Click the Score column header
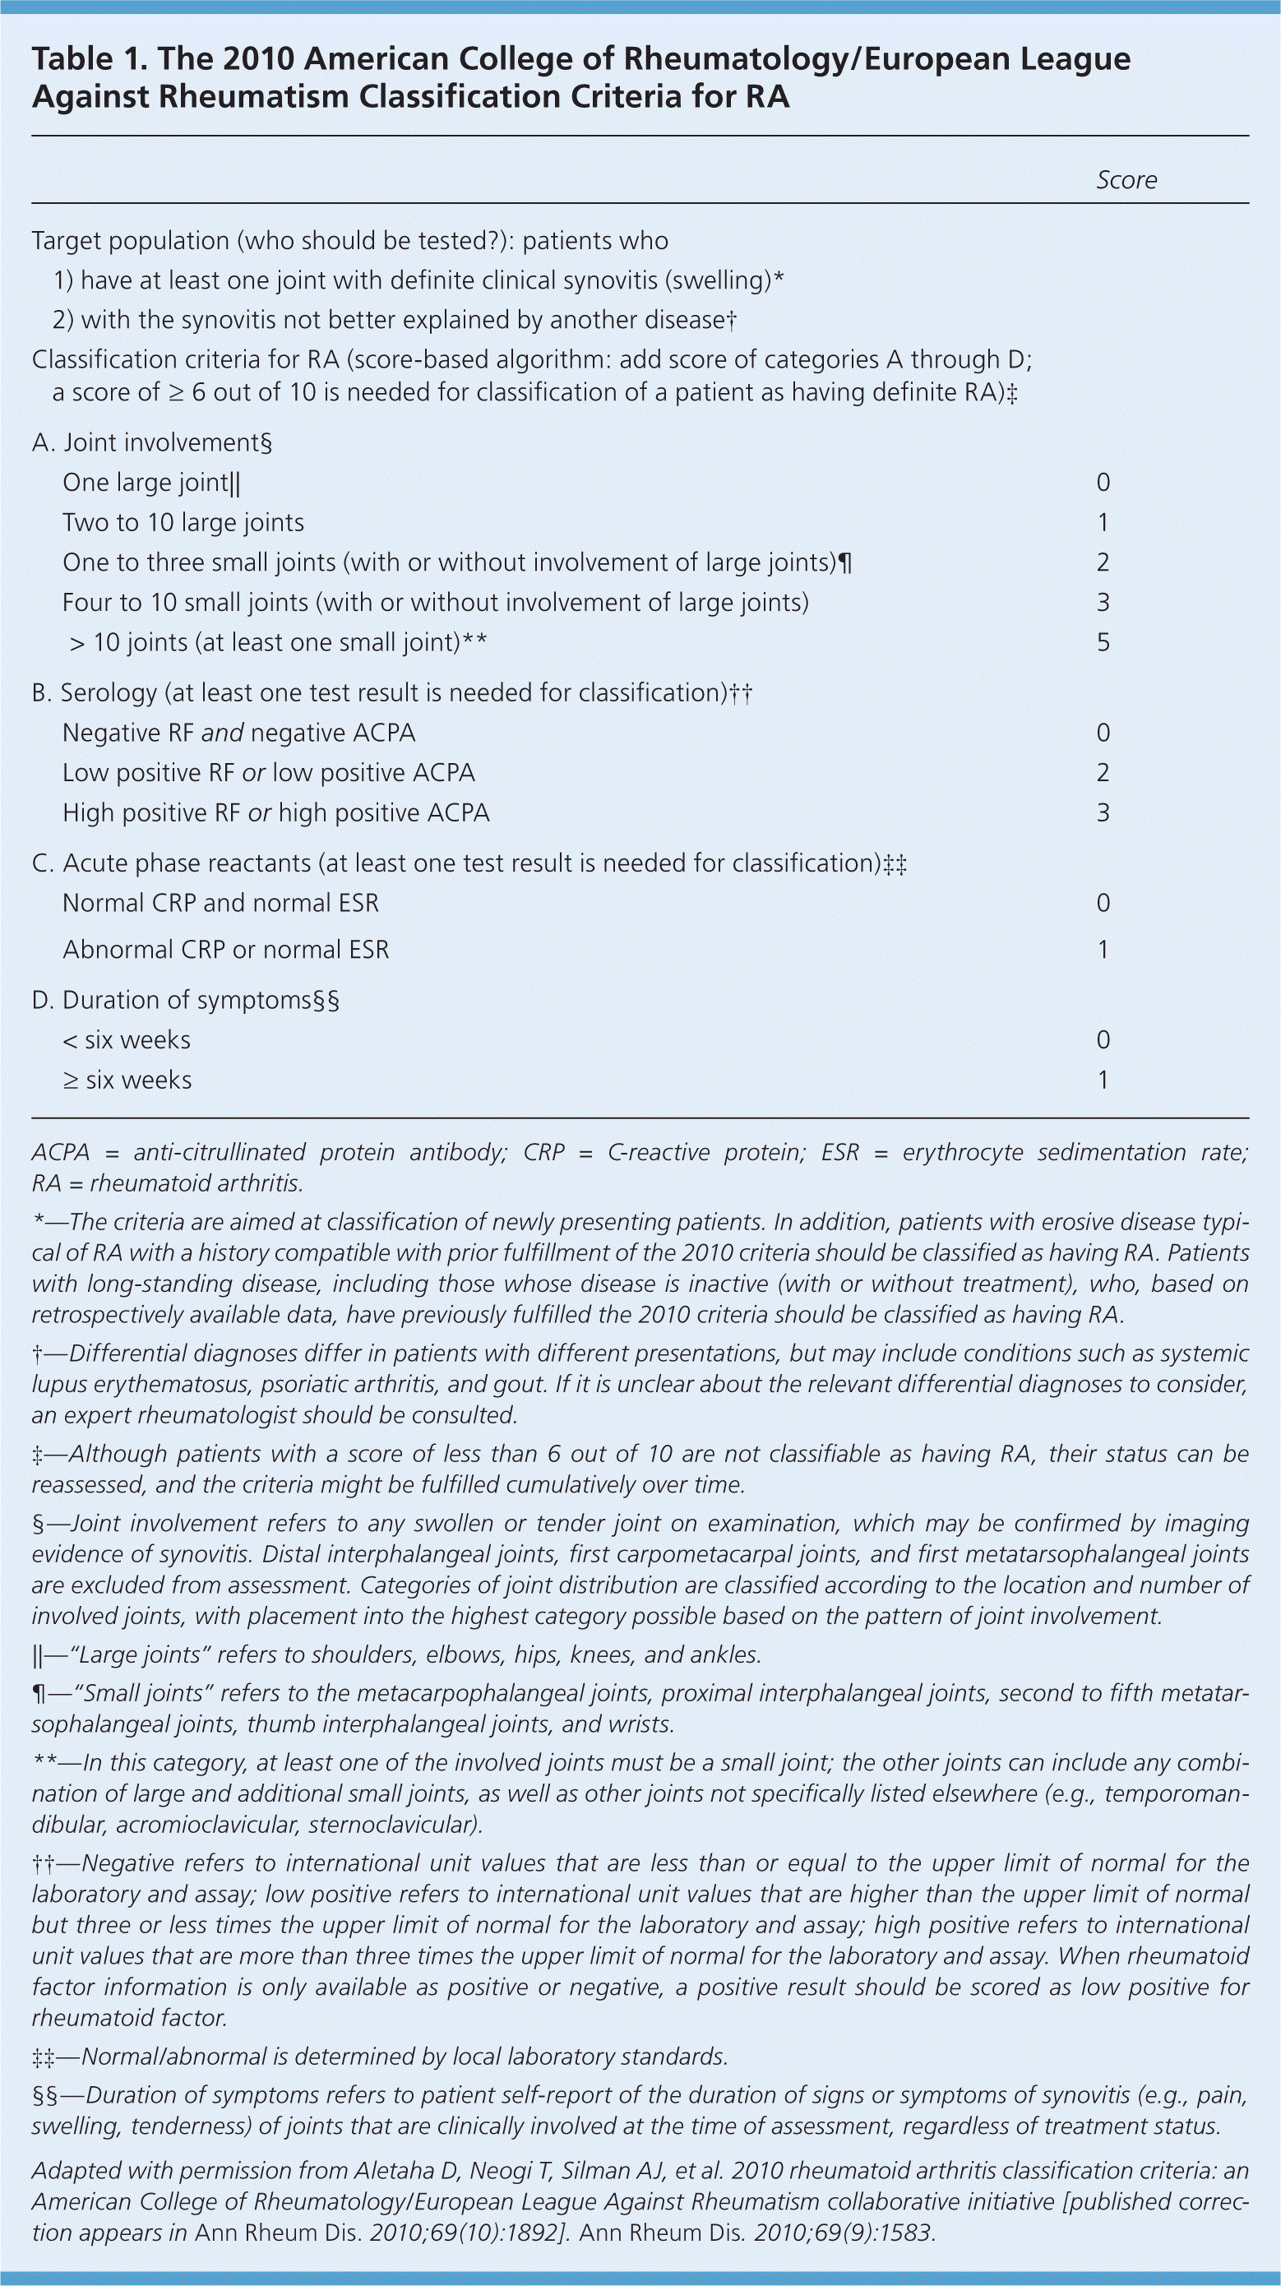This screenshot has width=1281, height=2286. (x=1126, y=180)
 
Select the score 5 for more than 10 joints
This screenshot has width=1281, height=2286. (x=1103, y=642)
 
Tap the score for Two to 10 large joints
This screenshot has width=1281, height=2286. (x=1103, y=523)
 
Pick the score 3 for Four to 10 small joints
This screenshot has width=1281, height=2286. (x=1103, y=603)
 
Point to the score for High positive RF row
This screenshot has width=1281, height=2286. (x=1103, y=813)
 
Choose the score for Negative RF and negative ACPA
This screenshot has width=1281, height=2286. (x=1103, y=733)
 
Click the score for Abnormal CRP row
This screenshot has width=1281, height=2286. (x=1103, y=950)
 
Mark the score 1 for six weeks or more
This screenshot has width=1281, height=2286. (x=1103, y=1080)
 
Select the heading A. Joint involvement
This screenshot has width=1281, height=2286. (x=151, y=443)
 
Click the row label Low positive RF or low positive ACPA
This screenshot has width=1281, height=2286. (x=268, y=773)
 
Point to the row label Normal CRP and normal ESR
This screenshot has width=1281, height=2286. (x=220, y=904)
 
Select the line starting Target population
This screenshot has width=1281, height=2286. (x=349, y=242)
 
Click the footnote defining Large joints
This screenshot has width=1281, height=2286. (x=395, y=1655)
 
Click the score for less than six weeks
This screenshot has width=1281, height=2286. (x=1103, y=1040)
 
